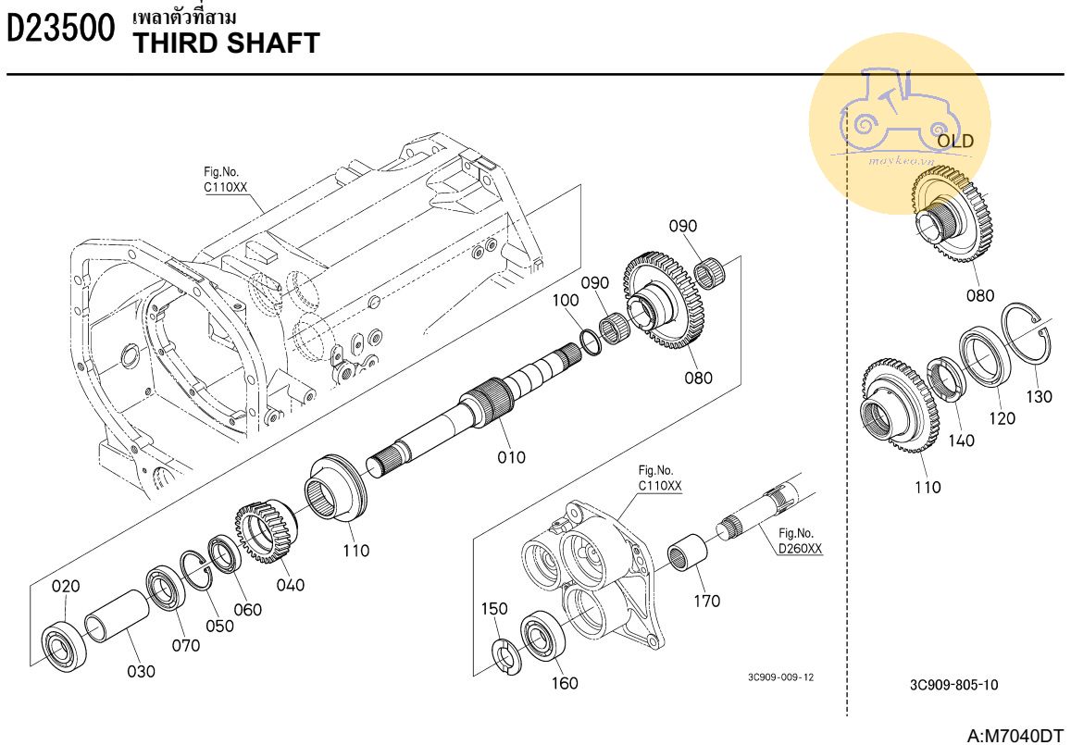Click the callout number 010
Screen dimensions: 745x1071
(x=511, y=456)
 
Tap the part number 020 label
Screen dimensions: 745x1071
(x=66, y=586)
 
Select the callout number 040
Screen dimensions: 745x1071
(x=290, y=585)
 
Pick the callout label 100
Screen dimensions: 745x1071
(x=566, y=300)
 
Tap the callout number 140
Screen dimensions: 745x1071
(x=961, y=441)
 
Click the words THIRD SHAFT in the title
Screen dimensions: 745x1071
(x=227, y=43)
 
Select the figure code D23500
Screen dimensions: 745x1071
(x=62, y=30)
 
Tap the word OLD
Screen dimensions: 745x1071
(x=955, y=142)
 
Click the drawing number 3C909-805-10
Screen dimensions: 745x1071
(x=953, y=685)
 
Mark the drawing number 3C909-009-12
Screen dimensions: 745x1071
(x=781, y=677)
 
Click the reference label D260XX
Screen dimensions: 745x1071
(x=800, y=549)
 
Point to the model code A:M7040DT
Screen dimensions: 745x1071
(x=1015, y=735)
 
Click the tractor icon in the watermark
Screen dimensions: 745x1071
(x=893, y=111)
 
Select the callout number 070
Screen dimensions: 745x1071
(x=185, y=645)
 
